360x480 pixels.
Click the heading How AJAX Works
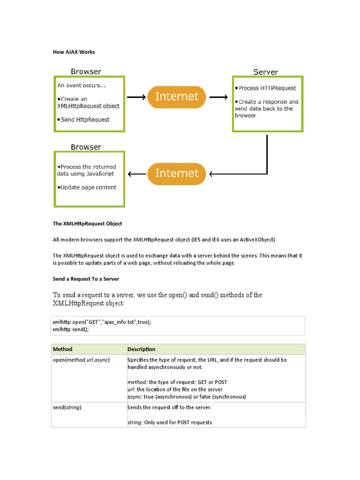[x=74, y=52]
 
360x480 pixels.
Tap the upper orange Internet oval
[x=176, y=97]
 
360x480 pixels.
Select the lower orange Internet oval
[x=176, y=173]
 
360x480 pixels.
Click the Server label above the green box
[x=265, y=72]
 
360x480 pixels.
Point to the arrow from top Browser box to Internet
[x=136, y=97]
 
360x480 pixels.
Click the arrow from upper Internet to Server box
[x=218, y=97]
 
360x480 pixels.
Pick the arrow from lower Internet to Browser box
[x=136, y=174]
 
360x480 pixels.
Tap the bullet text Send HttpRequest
[x=85, y=120]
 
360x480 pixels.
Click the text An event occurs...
[x=81, y=86]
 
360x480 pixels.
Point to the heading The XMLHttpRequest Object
[x=87, y=224]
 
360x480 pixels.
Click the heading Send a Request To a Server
[x=86, y=279]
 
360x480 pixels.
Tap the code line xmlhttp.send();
[x=70, y=330]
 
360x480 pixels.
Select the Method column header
[x=62, y=349]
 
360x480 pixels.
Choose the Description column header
[x=141, y=349]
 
